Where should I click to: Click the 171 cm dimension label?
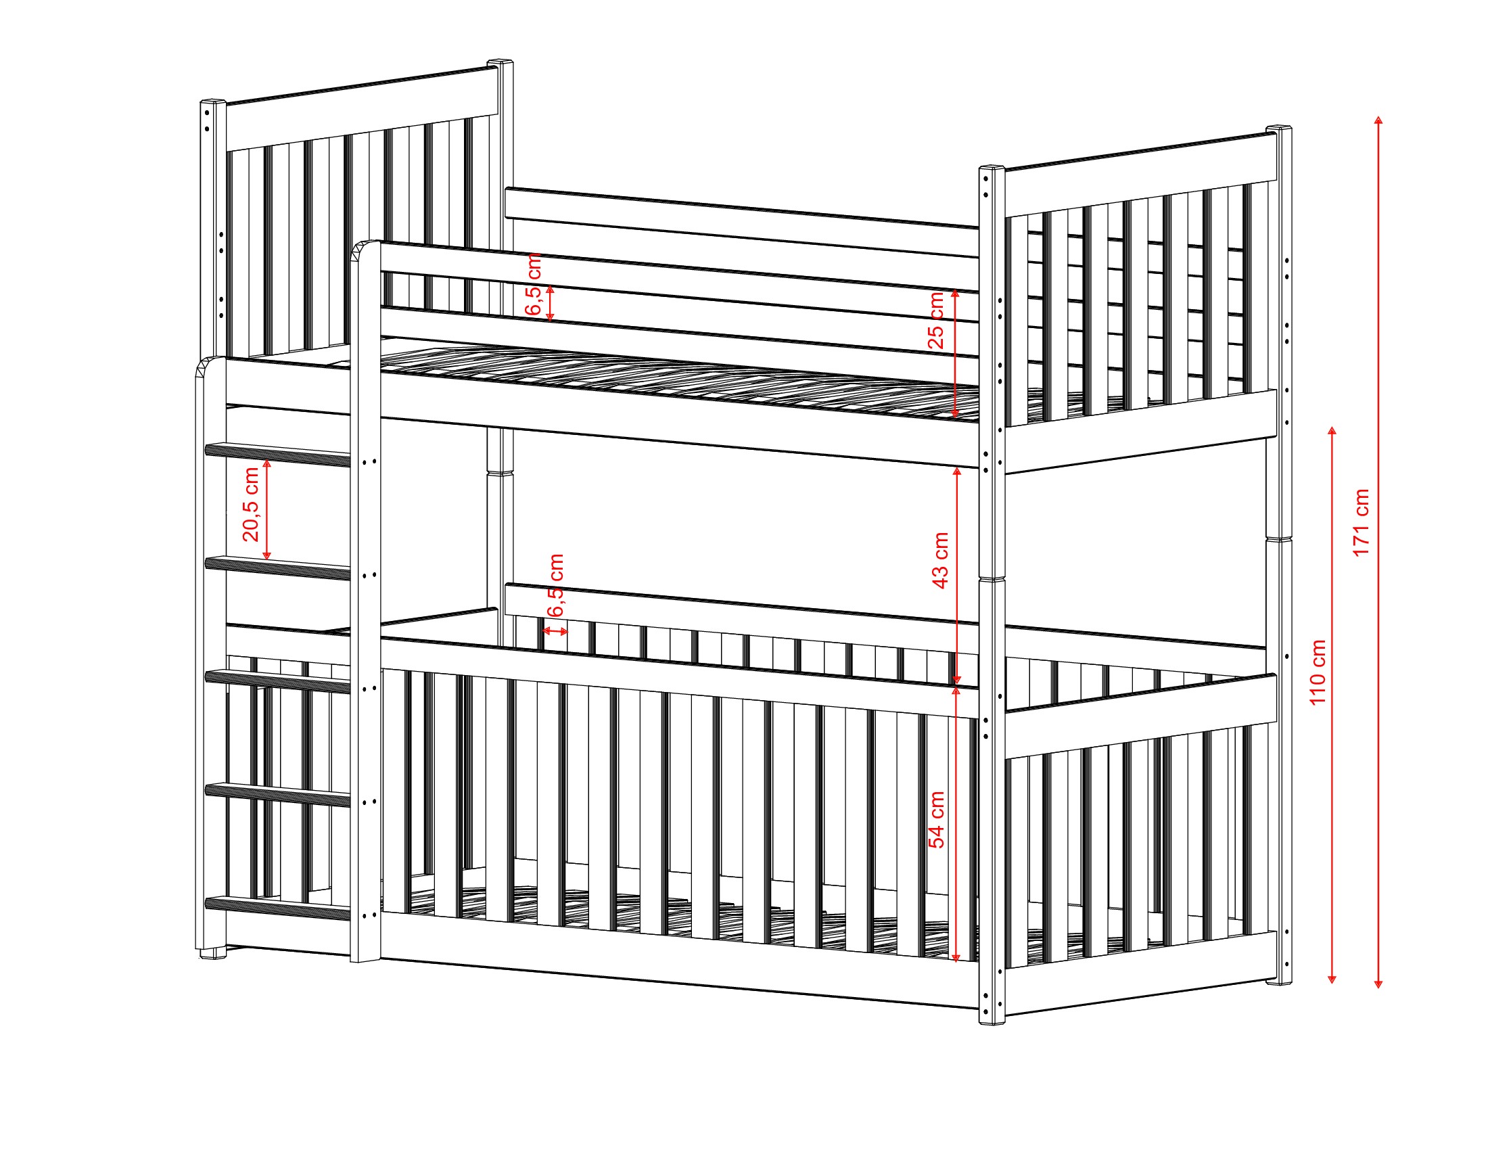click(1361, 523)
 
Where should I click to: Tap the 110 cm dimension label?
click(1318, 672)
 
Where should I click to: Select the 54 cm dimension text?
click(937, 820)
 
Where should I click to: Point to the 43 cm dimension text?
click(940, 560)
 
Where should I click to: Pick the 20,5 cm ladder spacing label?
click(251, 505)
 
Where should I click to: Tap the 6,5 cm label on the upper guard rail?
click(534, 284)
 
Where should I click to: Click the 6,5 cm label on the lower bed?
click(556, 585)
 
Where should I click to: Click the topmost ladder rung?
click(278, 455)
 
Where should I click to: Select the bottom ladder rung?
click(278, 908)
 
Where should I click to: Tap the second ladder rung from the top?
click(278, 568)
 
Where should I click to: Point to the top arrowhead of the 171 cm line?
click(1378, 120)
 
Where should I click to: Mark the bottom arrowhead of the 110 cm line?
click(1332, 980)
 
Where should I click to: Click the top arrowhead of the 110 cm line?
click(1332, 432)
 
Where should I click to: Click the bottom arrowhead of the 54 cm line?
click(956, 958)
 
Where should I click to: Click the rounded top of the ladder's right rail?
click(366, 250)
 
